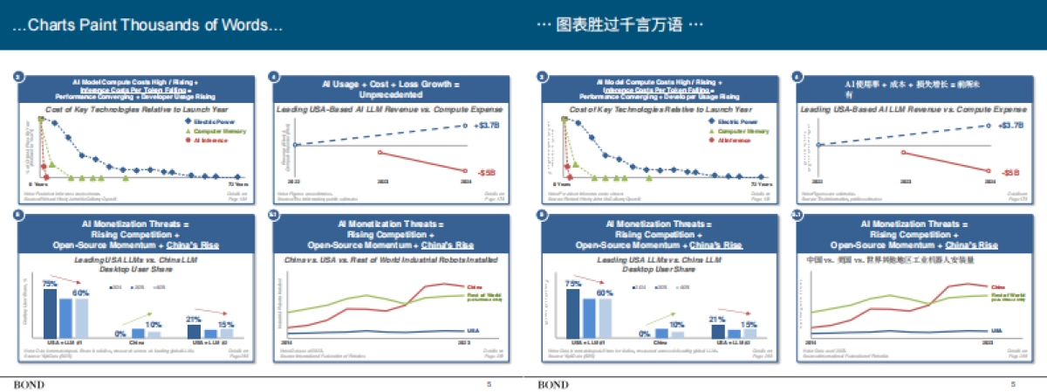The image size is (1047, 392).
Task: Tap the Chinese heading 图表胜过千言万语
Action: (x=619, y=25)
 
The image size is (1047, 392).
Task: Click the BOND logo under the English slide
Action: (x=29, y=384)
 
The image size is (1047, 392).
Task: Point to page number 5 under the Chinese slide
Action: (x=1013, y=384)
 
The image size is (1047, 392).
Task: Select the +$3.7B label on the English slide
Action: (x=488, y=126)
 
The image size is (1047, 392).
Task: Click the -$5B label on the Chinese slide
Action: (x=1010, y=173)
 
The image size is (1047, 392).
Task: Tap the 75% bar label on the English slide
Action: (x=50, y=283)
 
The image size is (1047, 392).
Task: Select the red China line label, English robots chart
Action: (x=475, y=286)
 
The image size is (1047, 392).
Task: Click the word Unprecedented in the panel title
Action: (x=378, y=92)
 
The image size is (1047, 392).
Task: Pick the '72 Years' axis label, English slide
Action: (x=238, y=185)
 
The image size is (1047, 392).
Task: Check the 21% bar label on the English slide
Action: (x=195, y=319)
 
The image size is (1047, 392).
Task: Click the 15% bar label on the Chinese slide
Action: (x=749, y=324)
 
